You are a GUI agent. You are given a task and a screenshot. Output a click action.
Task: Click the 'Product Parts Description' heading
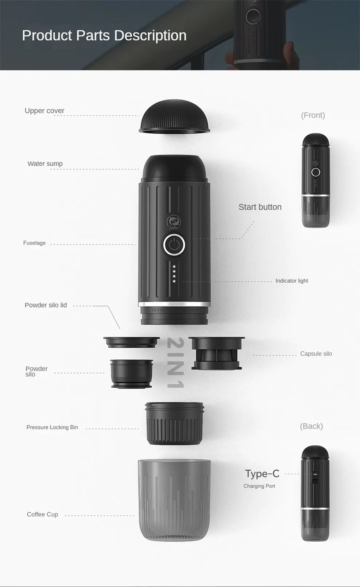tap(104, 36)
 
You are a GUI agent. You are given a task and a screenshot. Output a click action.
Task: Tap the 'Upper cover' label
tap(44, 111)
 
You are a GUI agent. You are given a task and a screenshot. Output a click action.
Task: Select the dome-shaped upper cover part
tap(174, 116)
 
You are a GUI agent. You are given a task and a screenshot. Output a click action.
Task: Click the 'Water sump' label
tap(45, 164)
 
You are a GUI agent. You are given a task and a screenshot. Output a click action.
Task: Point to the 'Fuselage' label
tap(34, 243)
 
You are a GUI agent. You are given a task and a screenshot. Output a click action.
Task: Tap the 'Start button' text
tap(260, 207)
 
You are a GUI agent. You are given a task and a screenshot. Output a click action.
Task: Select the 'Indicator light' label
tap(292, 281)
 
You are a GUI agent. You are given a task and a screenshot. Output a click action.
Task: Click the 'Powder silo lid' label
tap(46, 305)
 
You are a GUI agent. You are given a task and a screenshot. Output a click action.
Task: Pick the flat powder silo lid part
tap(131, 342)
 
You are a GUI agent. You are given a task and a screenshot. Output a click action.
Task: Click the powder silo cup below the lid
tap(131, 374)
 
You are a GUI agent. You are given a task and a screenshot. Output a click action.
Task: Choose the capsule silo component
tap(217, 353)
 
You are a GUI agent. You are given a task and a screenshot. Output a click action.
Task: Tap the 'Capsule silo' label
tap(316, 354)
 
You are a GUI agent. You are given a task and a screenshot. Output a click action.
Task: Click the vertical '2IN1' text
tap(175, 363)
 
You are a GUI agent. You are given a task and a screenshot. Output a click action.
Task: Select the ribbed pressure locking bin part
tap(175, 424)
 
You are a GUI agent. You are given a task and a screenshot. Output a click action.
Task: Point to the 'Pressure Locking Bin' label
tap(52, 427)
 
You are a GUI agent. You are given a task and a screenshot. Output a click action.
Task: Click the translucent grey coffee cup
tap(174, 499)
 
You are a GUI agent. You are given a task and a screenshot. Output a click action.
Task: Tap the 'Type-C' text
tap(262, 474)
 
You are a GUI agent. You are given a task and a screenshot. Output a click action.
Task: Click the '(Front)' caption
tap(313, 115)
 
